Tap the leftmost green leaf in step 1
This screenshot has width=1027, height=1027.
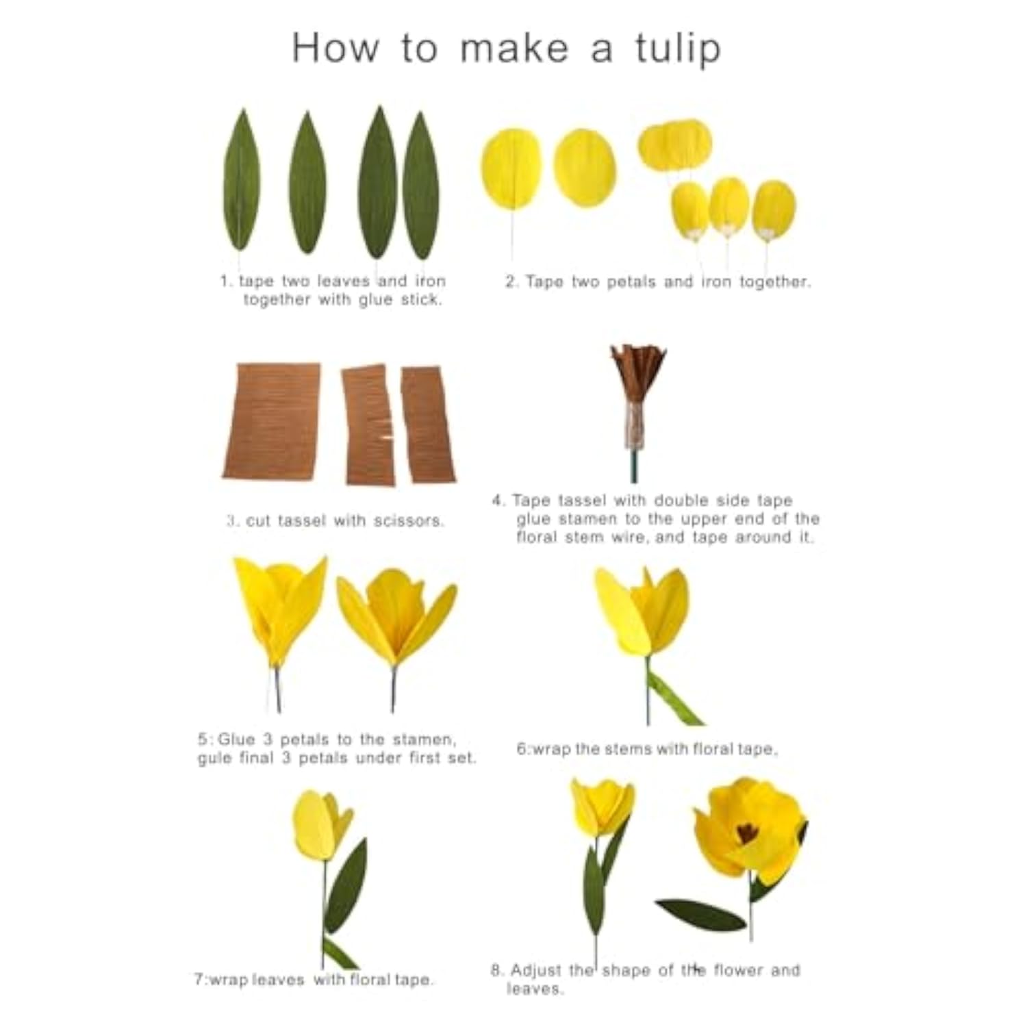click(x=242, y=181)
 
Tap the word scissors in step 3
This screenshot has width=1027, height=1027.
click(x=409, y=521)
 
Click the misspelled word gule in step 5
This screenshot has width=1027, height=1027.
click(x=214, y=759)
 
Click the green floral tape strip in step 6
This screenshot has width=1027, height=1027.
click(x=674, y=698)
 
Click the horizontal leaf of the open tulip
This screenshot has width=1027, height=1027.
click(x=700, y=915)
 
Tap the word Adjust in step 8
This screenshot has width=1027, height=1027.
click(x=536, y=970)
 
